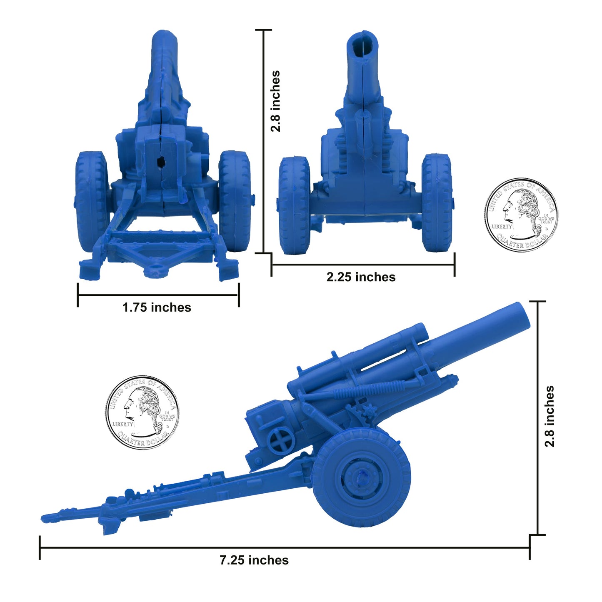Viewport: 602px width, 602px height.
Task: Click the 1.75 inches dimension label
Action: tap(157, 307)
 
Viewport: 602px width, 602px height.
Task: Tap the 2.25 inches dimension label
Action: tap(361, 277)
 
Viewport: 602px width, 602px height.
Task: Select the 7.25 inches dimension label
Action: tap(254, 560)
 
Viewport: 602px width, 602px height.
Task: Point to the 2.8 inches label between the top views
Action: tap(275, 101)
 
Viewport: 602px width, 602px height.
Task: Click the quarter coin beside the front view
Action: tap(521, 215)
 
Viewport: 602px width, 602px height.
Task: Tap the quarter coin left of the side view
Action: tap(142, 412)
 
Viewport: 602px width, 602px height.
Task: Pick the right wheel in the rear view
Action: tap(234, 200)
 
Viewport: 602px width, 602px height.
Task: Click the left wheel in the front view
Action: tap(295, 205)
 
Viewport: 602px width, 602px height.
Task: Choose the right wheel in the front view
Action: tap(437, 203)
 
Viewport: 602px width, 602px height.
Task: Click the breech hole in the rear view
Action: tap(160, 162)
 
